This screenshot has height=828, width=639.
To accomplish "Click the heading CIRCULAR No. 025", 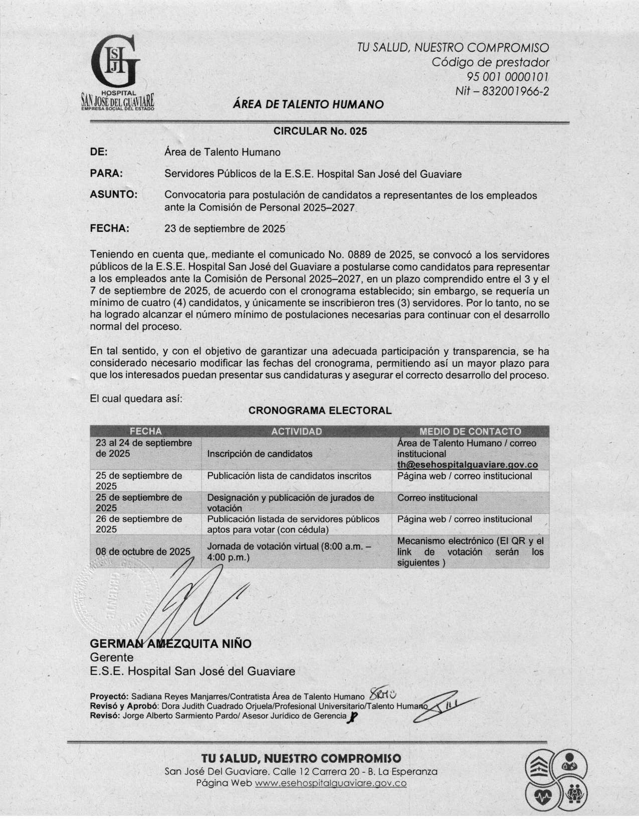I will point(320,131).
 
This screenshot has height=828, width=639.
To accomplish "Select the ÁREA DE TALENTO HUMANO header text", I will point(308,104).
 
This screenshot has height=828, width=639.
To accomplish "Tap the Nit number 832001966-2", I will point(502,91).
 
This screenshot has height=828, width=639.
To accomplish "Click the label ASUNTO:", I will point(114,195).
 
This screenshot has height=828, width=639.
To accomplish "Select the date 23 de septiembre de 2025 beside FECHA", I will point(225,229).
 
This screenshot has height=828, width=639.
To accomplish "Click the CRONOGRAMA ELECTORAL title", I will point(320,410).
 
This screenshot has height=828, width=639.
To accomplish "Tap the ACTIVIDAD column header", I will point(296,432).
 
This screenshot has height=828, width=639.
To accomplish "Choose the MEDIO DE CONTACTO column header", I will point(470,432).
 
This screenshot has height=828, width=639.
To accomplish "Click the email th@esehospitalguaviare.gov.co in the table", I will point(468,465).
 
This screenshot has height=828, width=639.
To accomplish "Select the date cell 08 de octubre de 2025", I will point(143,551).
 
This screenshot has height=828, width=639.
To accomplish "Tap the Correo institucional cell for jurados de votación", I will point(437,498).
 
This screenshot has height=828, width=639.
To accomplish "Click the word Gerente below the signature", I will point(111,657).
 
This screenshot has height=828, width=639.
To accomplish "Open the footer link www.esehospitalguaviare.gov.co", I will point(330,783).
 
